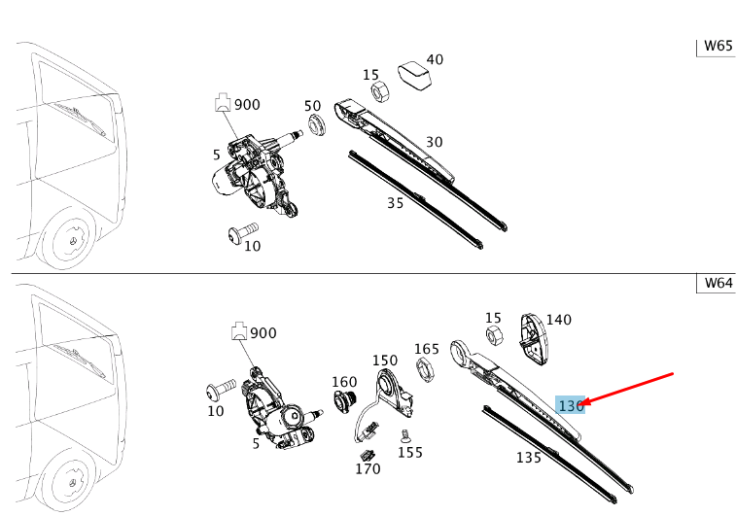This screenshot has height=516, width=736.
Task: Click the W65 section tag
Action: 718,46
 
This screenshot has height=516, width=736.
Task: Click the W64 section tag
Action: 718,283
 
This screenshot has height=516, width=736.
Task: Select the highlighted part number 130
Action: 570,404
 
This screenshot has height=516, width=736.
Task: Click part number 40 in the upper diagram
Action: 435,59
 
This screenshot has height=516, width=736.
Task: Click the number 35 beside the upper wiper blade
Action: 395,203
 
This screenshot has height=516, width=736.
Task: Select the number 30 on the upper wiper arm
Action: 434,142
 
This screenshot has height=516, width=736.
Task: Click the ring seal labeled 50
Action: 317,124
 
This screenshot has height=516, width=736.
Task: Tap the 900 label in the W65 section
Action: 248,104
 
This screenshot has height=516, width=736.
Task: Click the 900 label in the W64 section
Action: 263,332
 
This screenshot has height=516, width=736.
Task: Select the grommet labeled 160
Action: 345,401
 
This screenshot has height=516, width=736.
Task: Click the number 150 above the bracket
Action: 385,360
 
